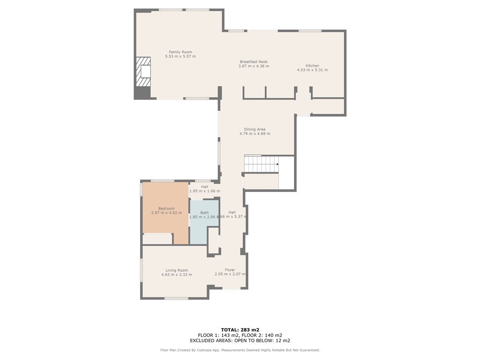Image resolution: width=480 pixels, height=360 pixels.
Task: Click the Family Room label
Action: (180, 52)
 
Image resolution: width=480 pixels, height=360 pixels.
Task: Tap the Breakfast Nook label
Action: (254, 61)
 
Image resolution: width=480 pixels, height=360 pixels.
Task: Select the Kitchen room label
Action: (312, 66)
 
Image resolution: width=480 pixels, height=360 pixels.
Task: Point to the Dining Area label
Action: (255, 129)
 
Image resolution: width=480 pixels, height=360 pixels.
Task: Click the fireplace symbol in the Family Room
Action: (143, 71)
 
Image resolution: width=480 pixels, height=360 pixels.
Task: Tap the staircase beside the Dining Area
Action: (261, 164)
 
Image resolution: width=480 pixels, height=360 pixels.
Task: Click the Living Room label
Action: (176, 270)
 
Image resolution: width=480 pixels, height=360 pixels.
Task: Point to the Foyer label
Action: (230, 270)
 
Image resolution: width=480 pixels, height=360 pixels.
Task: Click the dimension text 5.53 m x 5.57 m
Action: (180, 57)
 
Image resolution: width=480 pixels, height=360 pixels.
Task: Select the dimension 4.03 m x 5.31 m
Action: (312, 70)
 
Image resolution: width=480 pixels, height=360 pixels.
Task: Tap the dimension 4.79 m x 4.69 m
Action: (255, 134)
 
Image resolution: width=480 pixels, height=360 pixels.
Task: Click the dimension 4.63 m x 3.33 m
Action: (176, 275)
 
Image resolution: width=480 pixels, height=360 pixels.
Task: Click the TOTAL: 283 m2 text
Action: (240, 330)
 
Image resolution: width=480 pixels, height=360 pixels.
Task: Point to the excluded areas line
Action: (240, 341)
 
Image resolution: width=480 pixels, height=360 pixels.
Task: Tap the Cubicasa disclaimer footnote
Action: (240, 350)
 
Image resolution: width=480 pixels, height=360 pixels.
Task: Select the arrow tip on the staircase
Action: (277, 164)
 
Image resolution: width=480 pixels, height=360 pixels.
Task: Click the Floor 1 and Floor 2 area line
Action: (240, 335)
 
